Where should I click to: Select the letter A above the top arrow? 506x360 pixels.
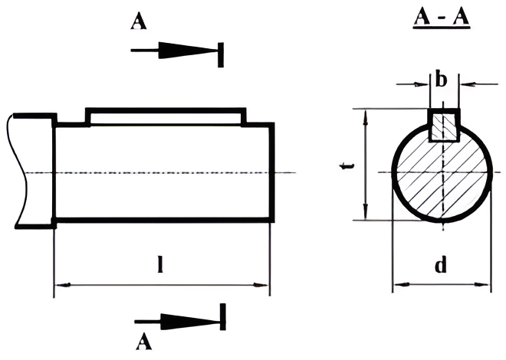[x=139, y=22]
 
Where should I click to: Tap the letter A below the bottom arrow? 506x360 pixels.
[x=143, y=342]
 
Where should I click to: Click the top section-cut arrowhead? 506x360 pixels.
[x=187, y=51]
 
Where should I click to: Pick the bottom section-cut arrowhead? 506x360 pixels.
[x=190, y=322]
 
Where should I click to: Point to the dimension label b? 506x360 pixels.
[x=441, y=79]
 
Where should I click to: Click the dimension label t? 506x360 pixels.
[x=347, y=166]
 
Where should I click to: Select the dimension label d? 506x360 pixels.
[x=441, y=264]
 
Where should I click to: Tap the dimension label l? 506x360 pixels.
[x=159, y=264]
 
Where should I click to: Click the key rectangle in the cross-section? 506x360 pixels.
[x=444, y=126]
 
